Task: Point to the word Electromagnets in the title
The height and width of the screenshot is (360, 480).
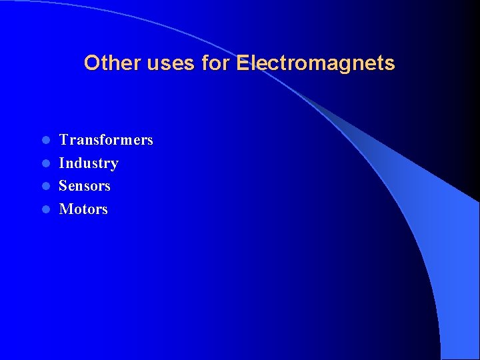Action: [315, 63]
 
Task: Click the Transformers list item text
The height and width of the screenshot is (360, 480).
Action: [106, 140]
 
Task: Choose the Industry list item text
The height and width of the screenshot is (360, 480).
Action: [89, 163]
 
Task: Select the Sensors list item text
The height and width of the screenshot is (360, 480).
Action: [85, 186]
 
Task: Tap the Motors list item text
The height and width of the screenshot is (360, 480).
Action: [83, 209]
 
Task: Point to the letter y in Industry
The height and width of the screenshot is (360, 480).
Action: [114, 165]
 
